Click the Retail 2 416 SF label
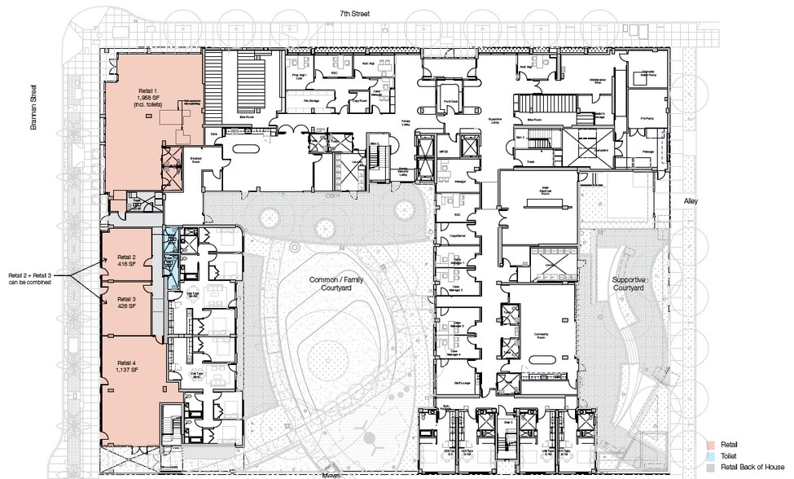click(x=125, y=261)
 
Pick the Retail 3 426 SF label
click(x=125, y=303)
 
